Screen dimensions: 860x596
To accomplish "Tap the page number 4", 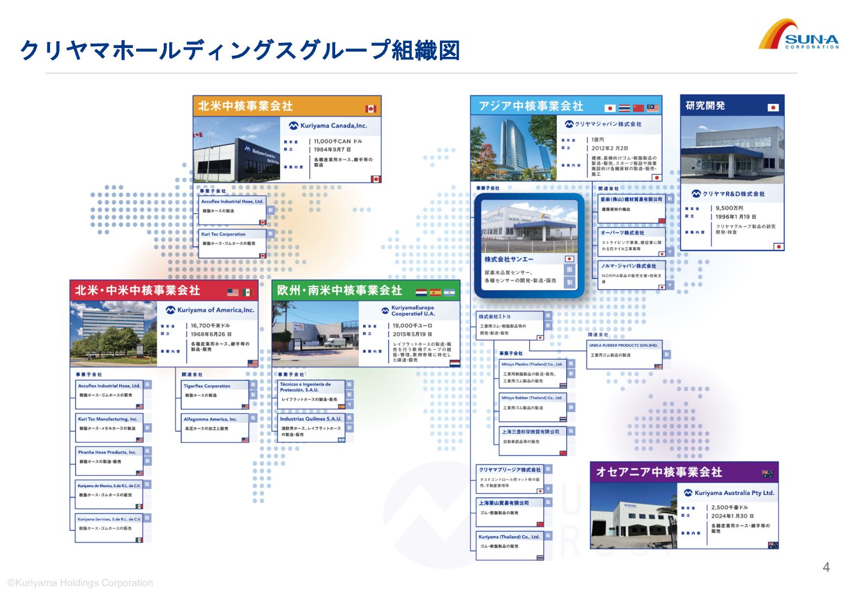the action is coord(825,567).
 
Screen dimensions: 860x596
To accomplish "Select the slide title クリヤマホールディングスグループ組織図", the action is coord(239,51).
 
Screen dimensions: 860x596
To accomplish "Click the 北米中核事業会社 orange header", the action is coord(287,106).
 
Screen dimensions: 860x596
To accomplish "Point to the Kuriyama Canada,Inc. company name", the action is coord(333,126).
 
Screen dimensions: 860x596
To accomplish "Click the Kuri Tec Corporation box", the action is coord(232,243).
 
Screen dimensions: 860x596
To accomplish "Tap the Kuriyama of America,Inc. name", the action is coord(216,310).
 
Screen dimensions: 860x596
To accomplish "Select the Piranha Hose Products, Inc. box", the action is coord(109,461).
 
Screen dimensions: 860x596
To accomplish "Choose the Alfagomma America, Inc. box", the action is coord(215,428).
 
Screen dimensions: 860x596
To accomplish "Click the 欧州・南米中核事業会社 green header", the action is coord(365,290).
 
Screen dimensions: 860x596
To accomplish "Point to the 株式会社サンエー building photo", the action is coord(529,226).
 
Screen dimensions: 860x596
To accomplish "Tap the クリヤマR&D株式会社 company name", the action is coord(733,194).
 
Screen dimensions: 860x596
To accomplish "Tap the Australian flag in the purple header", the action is coord(767,473).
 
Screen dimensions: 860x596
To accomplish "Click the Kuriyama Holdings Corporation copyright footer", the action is coord(80,583).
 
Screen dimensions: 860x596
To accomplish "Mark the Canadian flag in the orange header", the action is coord(370,109).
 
